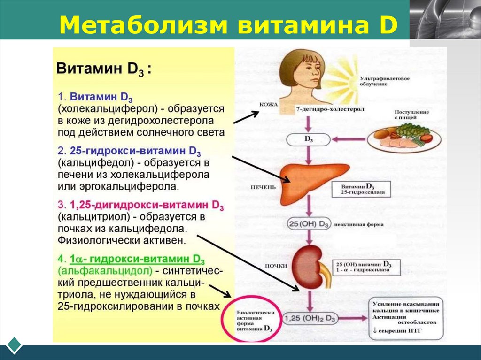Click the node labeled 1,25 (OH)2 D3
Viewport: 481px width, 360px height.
310,318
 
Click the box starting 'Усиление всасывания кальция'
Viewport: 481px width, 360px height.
406,318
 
